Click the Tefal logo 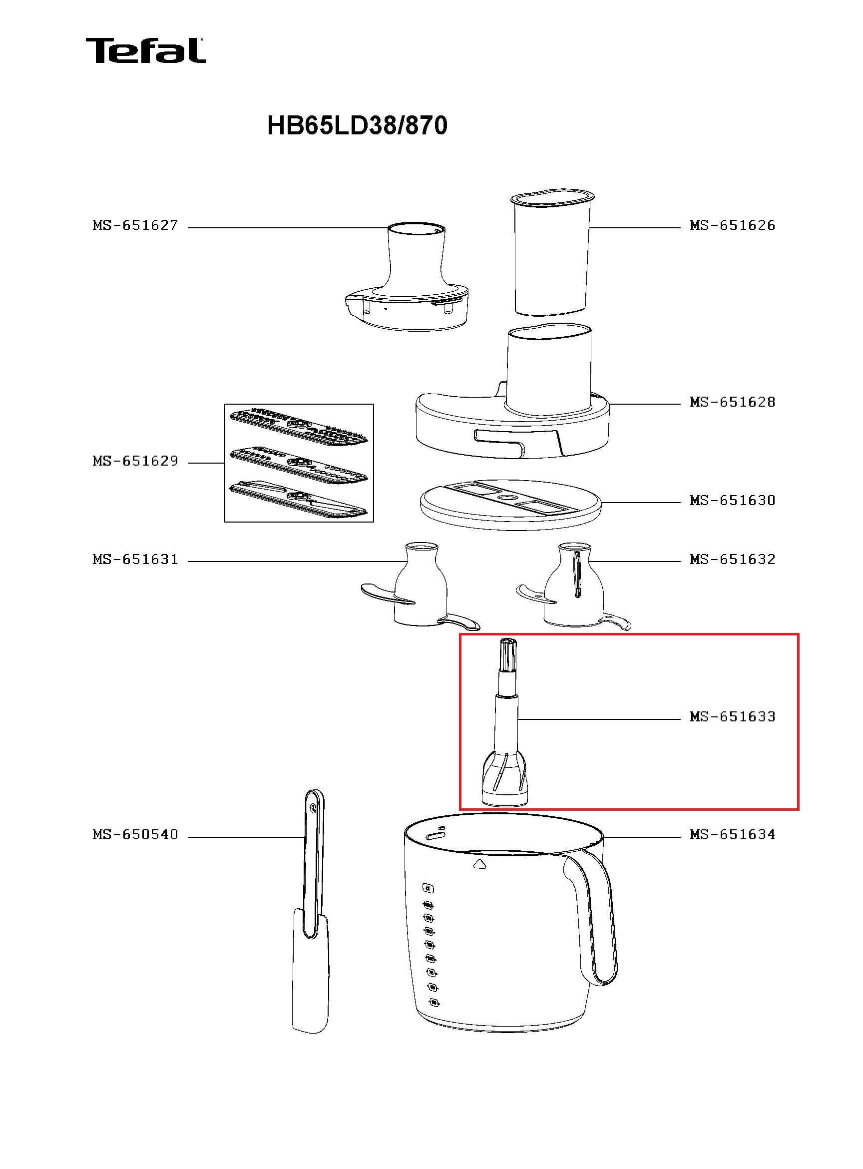click(146, 50)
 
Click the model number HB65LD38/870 click(357, 126)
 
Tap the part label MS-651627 click(135, 225)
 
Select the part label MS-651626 click(732, 225)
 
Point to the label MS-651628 click(732, 402)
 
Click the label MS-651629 click(135, 461)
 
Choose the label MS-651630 click(732, 500)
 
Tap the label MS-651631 click(135, 559)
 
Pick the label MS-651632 click(732, 559)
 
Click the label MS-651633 click(732, 716)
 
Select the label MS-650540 click(135, 835)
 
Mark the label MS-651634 click(732, 835)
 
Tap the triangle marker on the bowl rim click(479, 864)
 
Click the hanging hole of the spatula click(313, 808)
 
